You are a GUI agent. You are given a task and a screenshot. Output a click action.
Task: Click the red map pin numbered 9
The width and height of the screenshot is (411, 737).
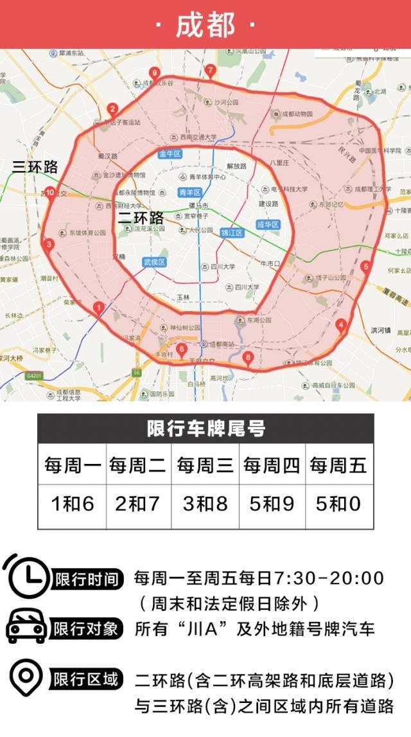[x=153, y=73]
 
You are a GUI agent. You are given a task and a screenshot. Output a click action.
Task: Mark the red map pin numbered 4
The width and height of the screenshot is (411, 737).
[x=341, y=325]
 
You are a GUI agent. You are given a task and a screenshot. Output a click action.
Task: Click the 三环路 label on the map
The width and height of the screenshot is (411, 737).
[x=35, y=167]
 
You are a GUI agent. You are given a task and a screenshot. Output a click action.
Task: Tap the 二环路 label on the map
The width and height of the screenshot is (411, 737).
[x=141, y=218]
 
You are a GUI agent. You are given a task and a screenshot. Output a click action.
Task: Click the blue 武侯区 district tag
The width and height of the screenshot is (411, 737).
[x=154, y=262]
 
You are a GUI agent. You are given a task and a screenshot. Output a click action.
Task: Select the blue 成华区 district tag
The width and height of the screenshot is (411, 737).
[x=267, y=225]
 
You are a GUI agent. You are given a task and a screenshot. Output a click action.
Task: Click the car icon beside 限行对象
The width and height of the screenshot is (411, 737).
[x=26, y=627]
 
